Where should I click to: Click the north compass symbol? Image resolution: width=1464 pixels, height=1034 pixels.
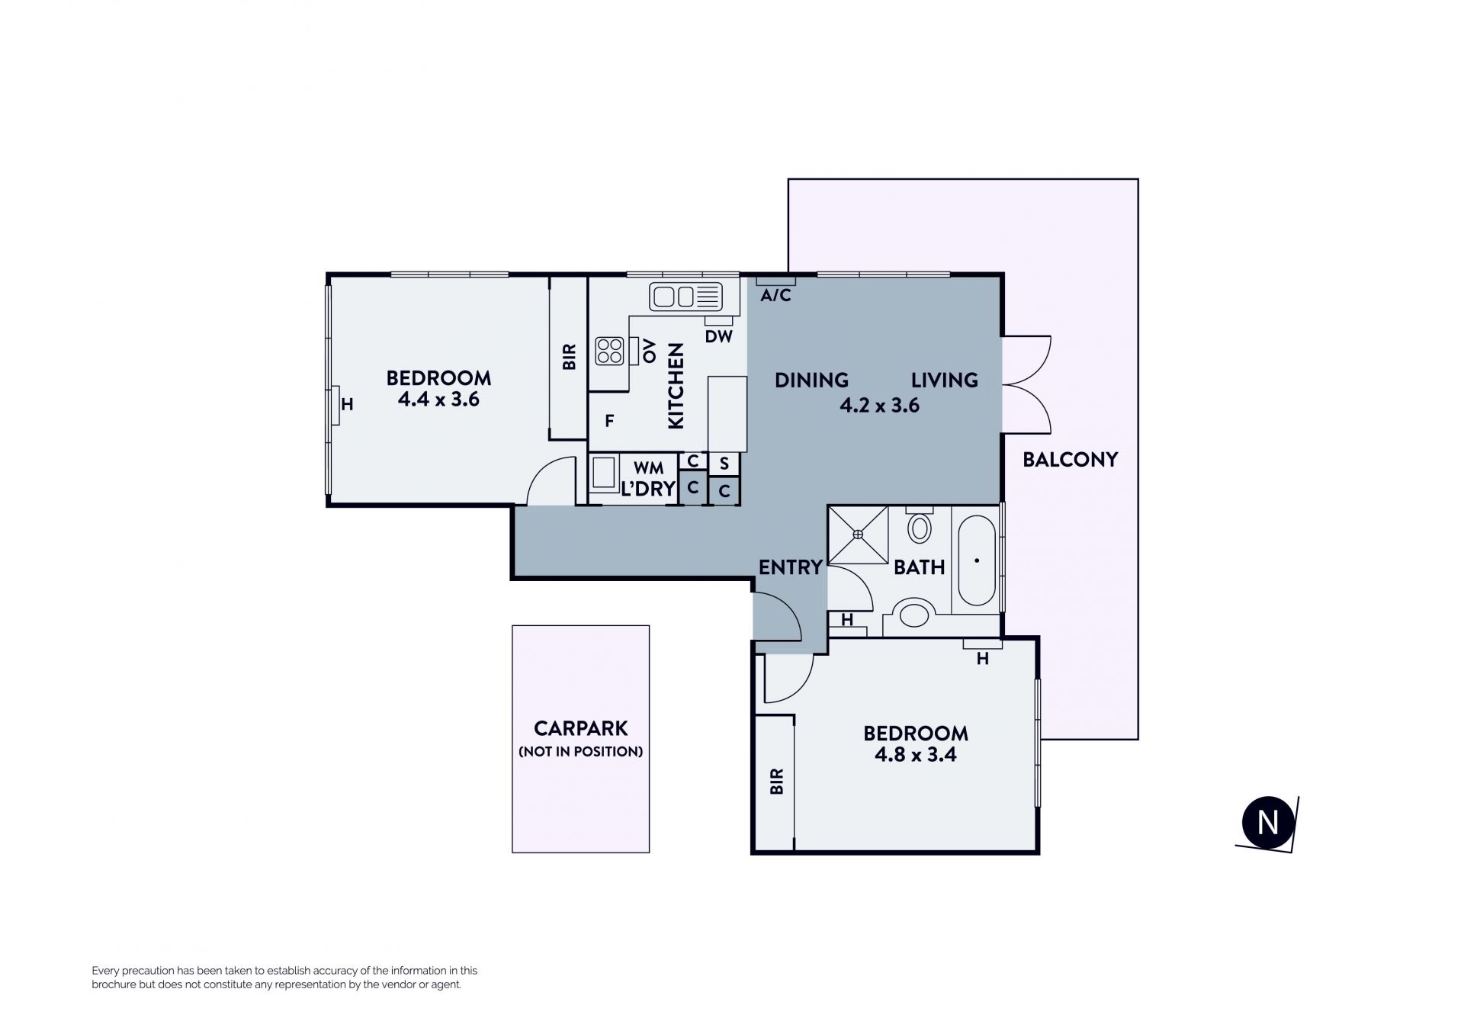click(x=1267, y=824)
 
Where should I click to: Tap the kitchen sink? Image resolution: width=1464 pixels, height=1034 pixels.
click(x=685, y=296)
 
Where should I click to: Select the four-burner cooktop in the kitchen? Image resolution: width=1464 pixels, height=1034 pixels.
click(x=609, y=351)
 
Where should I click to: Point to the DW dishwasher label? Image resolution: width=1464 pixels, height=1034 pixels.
click(x=718, y=336)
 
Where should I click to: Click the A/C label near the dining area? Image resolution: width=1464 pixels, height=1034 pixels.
click(x=775, y=295)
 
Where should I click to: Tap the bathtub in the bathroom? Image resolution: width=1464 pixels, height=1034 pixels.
click(x=977, y=561)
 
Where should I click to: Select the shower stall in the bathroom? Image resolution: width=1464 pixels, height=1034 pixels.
click(x=859, y=535)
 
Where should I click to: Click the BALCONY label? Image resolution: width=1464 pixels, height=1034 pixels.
click(x=1070, y=460)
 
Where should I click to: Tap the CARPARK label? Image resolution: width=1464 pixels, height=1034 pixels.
click(x=581, y=728)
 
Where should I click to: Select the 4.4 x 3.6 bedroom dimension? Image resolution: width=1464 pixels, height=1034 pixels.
click(x=438, y=400)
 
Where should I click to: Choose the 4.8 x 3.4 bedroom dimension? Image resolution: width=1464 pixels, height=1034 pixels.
click(x=916, y=755)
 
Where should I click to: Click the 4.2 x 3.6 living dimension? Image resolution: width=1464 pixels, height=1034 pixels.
click(x=879, y=406)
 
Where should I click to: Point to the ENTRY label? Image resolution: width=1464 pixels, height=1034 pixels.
click(x=791, y=567)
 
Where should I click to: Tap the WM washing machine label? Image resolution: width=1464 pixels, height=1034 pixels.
click(x=648, y=468)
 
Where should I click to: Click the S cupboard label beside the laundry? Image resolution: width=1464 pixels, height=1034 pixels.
click(x=724, y=464)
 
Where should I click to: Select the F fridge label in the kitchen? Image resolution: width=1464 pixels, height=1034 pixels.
click(x=610, y=421)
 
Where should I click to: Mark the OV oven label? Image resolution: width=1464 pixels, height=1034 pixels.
click(x=649, y=352)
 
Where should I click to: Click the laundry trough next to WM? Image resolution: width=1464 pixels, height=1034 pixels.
click(x=604, y=472)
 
